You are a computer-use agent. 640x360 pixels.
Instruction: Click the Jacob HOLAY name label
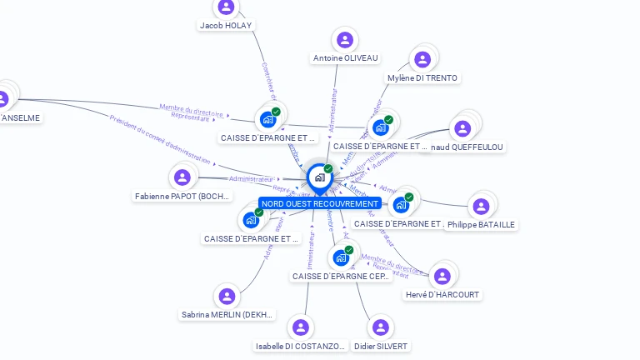pyautogui.click(x=225, y=25)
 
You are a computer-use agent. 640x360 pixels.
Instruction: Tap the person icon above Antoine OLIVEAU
pyautogui.click(x=345, y=40)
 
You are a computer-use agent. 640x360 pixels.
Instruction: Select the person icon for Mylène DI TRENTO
pyautogui.click(x=422, y=59)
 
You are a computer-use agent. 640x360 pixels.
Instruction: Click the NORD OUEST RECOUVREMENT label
pyautogui.click(x=320, y=203)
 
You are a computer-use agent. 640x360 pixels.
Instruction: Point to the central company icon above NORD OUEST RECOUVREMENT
pyautogui.click(x=319, y=177)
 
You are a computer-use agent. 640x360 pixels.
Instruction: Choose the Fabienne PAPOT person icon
pyautogui.click(x=182, y=177)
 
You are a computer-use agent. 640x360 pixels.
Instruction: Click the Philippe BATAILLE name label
pyautogui.click(x=481, y=224)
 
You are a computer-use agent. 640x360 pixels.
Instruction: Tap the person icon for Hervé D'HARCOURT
pyautogui.click(x=442, y=276)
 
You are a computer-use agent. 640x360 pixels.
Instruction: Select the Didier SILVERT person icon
pyautogui.click(x=380, y=327)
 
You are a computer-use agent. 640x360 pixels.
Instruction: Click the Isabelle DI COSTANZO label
pyautogui.click(x=300, y=346)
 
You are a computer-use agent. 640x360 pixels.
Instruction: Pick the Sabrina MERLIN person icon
pyautogui.click(x=227, y=296)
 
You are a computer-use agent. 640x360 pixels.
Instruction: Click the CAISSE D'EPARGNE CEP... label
pyautogui.click(x=342, y=276)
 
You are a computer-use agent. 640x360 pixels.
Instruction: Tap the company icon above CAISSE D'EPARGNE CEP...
pyautogui.click(x=341, y=257)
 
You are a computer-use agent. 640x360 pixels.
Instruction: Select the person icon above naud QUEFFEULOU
pyautogui.click(x=462, y=128)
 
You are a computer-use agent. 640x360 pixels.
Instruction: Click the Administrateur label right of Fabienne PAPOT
pyautogui.click(x=251, y=178)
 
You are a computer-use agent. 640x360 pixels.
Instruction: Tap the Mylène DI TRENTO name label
pyautogui.click(x=422, y=78)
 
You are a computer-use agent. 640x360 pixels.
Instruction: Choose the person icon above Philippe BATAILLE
pyautogui.click(x=481, y=206)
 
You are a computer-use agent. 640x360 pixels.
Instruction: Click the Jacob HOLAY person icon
pyautogui.click(x=226, y=7)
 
